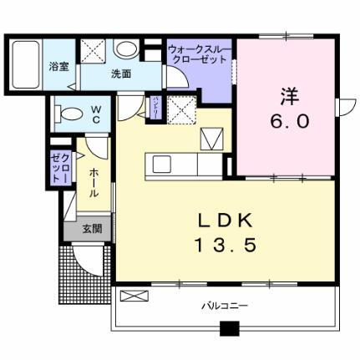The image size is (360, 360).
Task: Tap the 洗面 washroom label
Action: (x=122, y=74)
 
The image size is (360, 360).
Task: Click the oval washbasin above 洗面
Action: (x=125, y=49)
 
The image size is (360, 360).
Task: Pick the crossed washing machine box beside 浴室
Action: (x=91, y=51)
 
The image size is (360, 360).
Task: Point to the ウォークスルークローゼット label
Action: (x=200, y=55)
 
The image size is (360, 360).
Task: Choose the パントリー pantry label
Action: (x=155, y=108)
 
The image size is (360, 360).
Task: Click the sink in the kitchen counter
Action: (x=160, y=163)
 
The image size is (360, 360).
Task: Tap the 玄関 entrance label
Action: (x=92, y=228)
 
